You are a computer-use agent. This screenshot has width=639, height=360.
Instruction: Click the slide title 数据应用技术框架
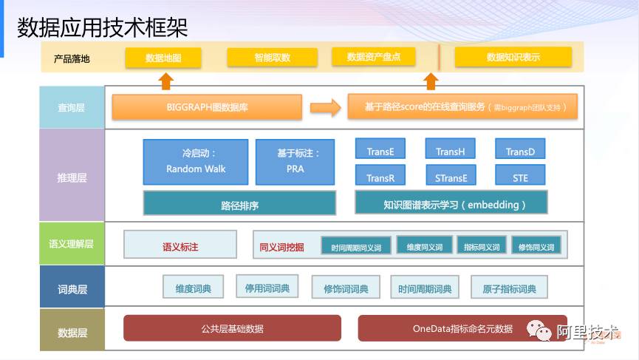(103, 28)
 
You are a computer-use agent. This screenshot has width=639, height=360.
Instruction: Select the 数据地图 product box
(163, 58)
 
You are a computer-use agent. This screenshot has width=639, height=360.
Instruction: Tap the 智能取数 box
(272, 58)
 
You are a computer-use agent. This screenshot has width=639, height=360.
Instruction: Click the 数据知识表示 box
(513, 57)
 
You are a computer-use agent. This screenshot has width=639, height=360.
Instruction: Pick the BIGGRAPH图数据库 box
(207, 107)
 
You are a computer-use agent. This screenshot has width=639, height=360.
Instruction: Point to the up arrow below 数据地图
(166, 80)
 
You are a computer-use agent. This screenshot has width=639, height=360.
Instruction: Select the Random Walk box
(196, 161)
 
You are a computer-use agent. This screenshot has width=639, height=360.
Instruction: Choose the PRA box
(295, 161)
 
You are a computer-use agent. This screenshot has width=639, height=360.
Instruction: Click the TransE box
(380, 151)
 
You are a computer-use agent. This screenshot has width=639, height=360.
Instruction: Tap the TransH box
(450, 151)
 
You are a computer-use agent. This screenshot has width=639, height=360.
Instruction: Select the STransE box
(450, 177)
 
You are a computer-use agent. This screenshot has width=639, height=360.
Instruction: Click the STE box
(520, 177)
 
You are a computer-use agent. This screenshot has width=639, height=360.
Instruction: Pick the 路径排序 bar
(239, 203)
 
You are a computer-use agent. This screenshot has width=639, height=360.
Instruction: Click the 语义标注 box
(180, 246)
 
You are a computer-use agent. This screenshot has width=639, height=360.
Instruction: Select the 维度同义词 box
(424, 247)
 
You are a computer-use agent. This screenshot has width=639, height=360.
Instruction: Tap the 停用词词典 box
(267, 288)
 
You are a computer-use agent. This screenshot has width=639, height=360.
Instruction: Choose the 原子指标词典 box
(509, 288)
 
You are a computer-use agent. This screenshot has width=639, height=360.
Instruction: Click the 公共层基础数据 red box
(232, 328)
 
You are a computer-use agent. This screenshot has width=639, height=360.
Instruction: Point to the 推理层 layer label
(72, 177)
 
